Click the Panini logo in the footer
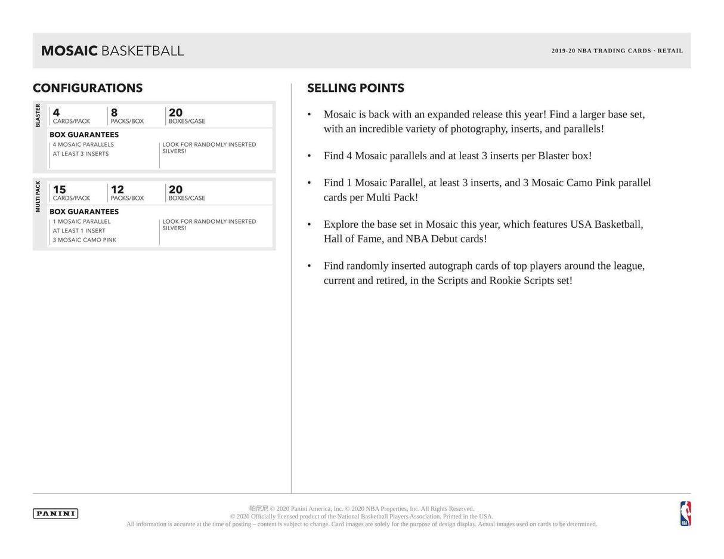(55, 514)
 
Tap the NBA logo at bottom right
(685, 514)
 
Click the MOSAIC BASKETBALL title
(112, 51)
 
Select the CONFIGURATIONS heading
(88, 88)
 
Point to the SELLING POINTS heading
(355, 88)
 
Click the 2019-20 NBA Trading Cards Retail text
(617, 51)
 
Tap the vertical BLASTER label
(38, 115)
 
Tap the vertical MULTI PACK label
(38, 196)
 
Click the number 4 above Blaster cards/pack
(56, 113)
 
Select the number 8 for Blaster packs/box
(114, 113)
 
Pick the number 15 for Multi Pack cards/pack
(59, 190)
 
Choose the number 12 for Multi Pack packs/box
(117, 190)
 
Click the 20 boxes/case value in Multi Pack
(175, 190)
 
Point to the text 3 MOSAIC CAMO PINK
(84, 240)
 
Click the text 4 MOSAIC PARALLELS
(83, 144)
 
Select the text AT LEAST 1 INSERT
(79, 231)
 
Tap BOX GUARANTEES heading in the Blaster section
(84, 135)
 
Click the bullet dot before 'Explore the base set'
(309, 224)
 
